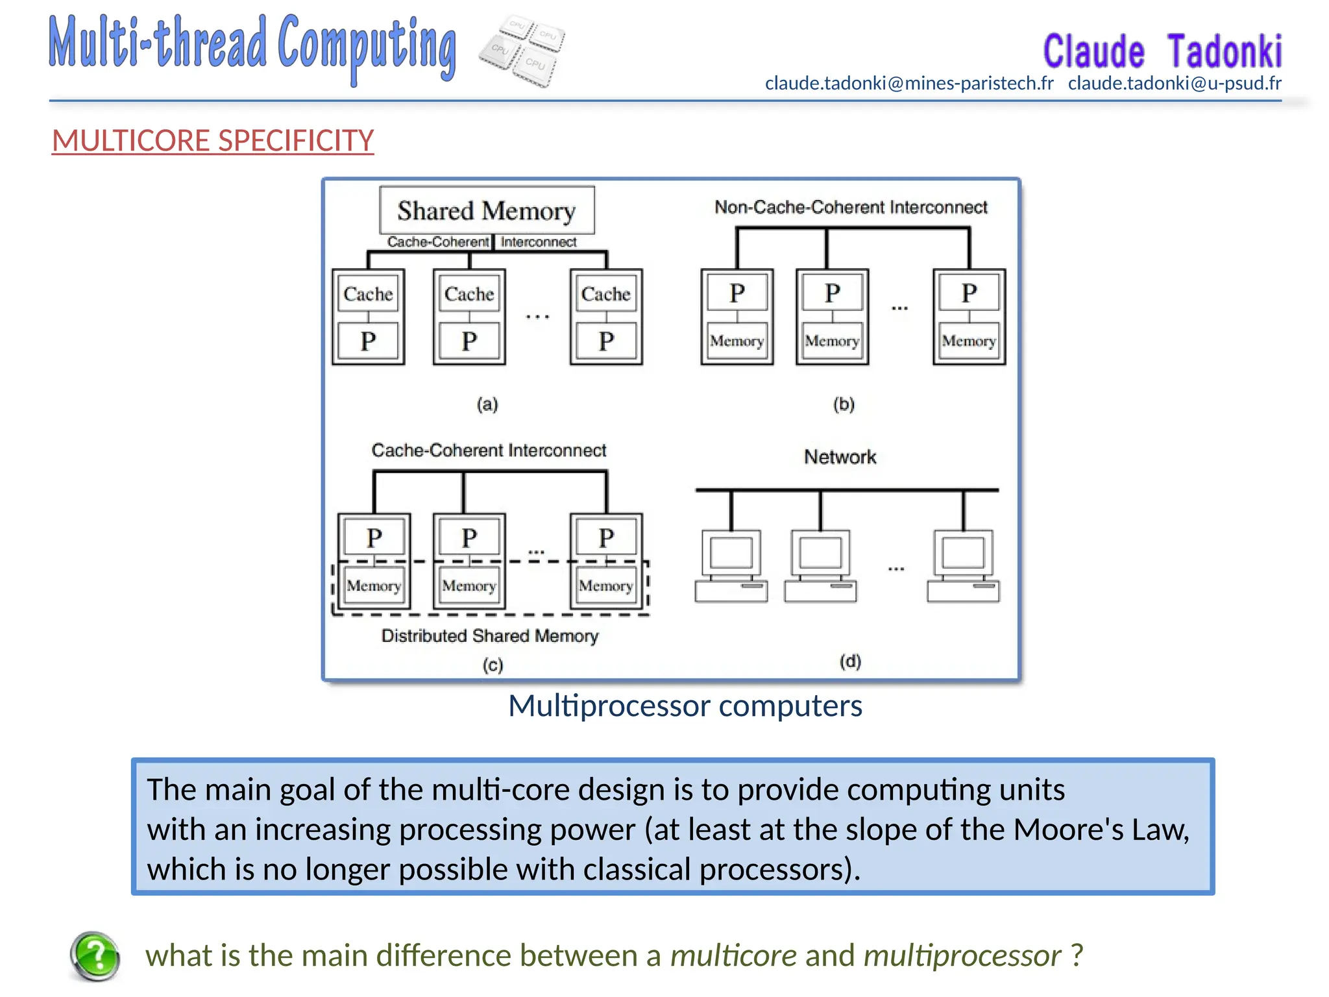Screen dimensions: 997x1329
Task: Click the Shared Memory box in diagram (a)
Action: tap(487, 211)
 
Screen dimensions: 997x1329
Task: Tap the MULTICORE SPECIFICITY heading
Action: tap(213, 141)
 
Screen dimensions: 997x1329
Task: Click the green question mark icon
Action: tap(95, 955)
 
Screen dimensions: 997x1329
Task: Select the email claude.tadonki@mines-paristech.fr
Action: tap(908, 84)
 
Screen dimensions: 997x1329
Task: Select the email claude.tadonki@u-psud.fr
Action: tap(1175, 84)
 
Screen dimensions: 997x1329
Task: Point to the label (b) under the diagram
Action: tap(844, 404)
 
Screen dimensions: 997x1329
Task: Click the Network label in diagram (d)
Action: tap(840, 457)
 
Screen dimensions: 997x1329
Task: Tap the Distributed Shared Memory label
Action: tap(490, 636)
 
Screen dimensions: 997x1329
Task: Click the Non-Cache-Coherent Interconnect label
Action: tap(850, 208)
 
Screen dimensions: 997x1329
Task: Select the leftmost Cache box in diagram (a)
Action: tap(368, 295)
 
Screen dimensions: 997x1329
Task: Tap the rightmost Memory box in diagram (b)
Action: tap(969, 341)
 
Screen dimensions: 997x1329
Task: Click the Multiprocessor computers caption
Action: tap(685, 706)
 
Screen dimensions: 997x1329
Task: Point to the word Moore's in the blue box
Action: tap(1069, 830)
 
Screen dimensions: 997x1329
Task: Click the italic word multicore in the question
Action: tap(733, 955)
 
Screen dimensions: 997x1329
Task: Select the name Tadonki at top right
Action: tap(1224, 52)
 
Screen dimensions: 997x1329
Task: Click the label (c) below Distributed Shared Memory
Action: tap(493, 665)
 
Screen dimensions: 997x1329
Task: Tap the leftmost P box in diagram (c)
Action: tap(374, 538)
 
